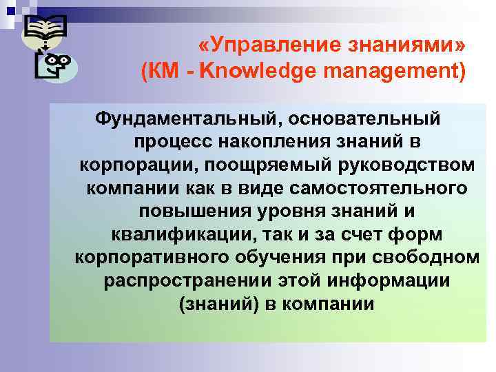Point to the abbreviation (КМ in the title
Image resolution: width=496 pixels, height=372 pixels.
(x=162, y=71)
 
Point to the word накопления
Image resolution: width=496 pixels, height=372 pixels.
(x=272, y=142)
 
